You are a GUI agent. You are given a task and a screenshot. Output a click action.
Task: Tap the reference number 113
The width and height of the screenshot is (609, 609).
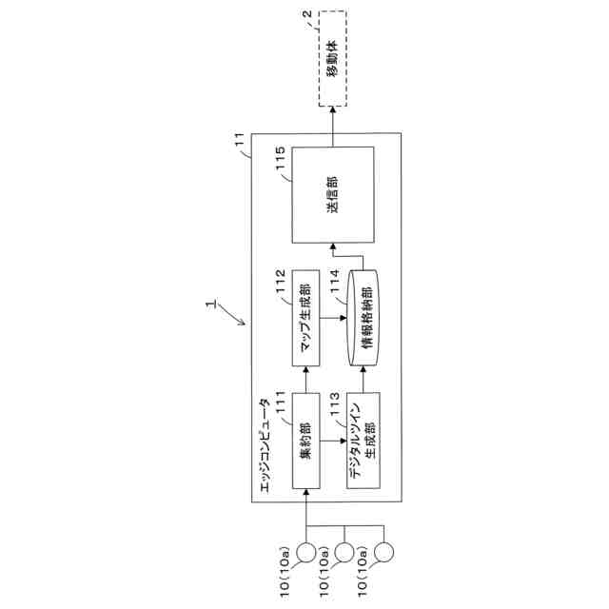point(339,403)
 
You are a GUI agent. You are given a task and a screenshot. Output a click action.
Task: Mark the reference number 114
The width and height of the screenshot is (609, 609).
point(339,285)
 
